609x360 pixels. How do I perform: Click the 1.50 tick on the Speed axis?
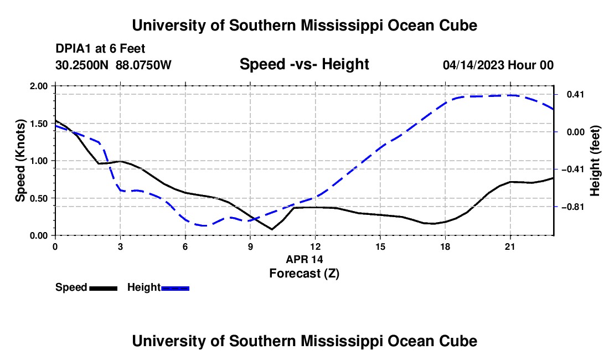(38, 124)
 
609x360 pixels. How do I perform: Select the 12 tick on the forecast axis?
(316, 246)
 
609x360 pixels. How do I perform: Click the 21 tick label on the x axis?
(510, 246)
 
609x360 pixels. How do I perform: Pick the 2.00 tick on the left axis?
(38, 86)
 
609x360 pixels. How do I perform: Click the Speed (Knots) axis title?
(20, 161)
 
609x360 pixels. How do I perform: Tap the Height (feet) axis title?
(595, 161)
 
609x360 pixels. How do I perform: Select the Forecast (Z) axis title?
(304, 274)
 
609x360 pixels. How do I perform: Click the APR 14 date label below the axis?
(304, 259)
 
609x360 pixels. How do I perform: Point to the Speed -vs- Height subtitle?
(304, 64)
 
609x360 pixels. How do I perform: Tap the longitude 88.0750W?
(143, 65)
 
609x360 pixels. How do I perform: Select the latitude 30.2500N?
(82, 65)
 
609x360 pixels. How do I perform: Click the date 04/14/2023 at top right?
(473, 65)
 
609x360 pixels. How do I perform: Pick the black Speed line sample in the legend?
(104, 289)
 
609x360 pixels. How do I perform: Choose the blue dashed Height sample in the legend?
(175, 289)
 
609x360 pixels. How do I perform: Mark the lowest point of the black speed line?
(272, 229)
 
